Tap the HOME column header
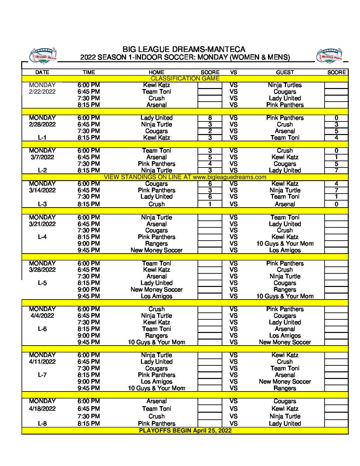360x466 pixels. point(157,72)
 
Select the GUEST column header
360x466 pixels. point(285,72)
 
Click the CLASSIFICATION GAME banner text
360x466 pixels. point(185,78)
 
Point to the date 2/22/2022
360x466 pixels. point(42,92)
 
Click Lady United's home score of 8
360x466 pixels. point(210,118)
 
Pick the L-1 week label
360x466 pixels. point(42,138)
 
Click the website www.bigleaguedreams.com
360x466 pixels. point(229,177)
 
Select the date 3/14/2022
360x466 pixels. point(42,190)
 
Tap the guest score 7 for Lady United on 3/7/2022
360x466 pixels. point(336,170)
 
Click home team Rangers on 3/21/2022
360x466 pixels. point(157,244)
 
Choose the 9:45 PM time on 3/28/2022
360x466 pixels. point(89,296)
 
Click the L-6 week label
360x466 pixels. point(42,329)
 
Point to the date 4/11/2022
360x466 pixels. point(42,362)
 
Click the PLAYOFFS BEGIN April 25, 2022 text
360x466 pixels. point(185,431)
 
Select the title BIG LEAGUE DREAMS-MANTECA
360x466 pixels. point(184,49)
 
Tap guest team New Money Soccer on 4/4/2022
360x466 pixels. point(285,342)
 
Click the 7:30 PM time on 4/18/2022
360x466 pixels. point(89,416)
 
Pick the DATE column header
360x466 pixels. point(42,72)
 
